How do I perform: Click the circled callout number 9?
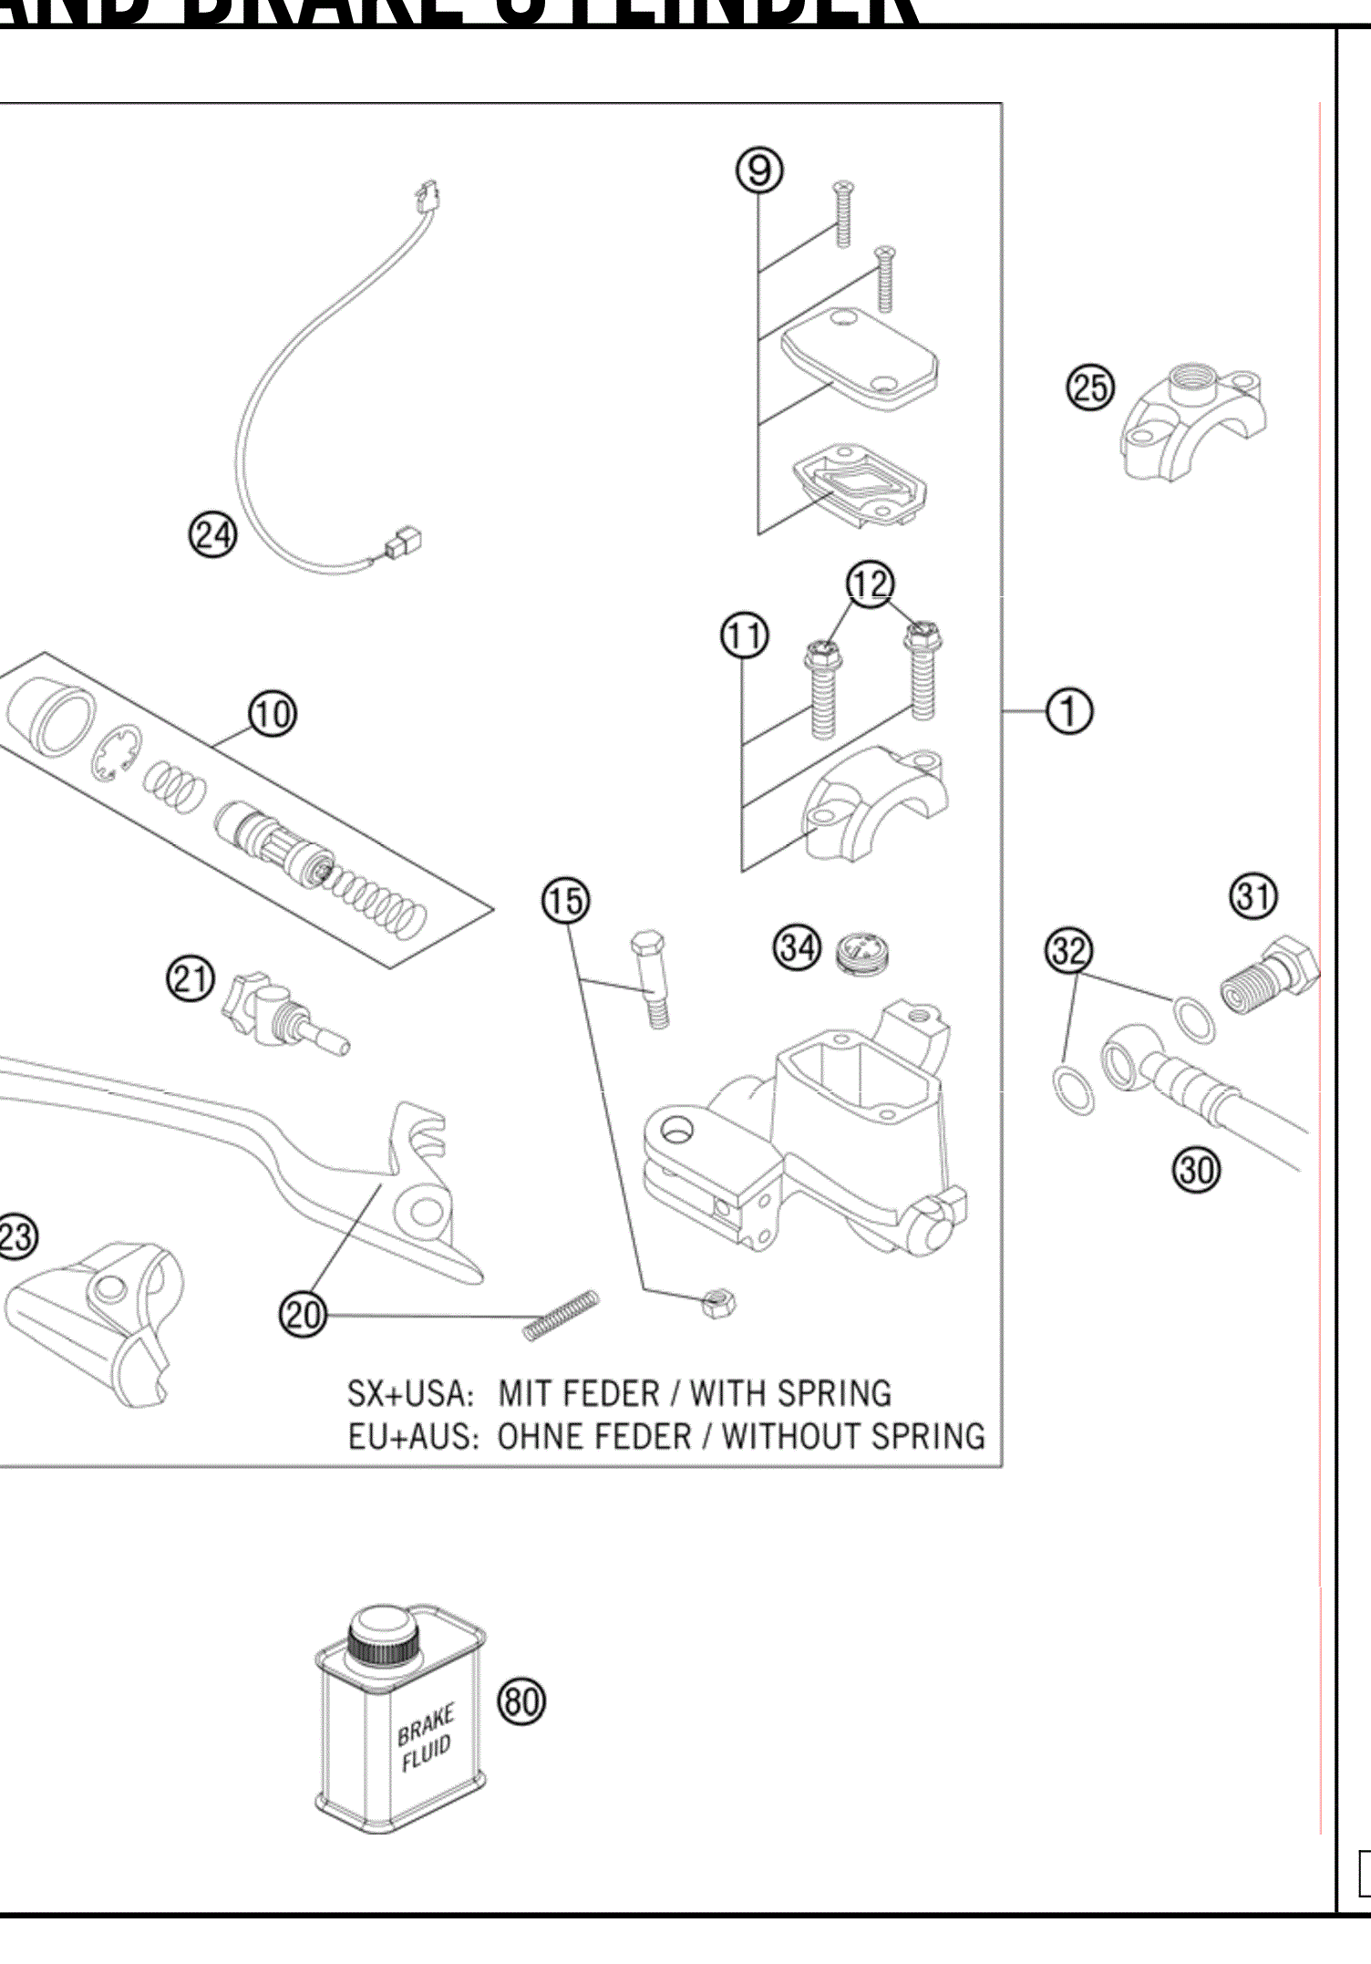(x=759, y=171)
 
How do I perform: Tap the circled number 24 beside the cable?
(x=212, y=534)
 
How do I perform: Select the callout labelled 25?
(x=1090, y=388)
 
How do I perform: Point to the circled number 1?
(x=1068, y=710)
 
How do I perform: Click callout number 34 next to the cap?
(x=798, y=947)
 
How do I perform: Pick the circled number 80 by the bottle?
(x=521, y=1700)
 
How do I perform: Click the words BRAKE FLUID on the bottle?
(x=425, y=1739)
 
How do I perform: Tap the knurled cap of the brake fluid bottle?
(x=385, y=1638)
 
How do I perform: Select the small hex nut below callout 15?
(x=719, y=1304)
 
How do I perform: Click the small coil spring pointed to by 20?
(x=562, y=1316)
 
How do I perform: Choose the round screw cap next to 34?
(x=862, y=954)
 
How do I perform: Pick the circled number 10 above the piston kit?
(x=272, y=714)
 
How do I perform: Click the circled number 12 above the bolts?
(x=870, y=584)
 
